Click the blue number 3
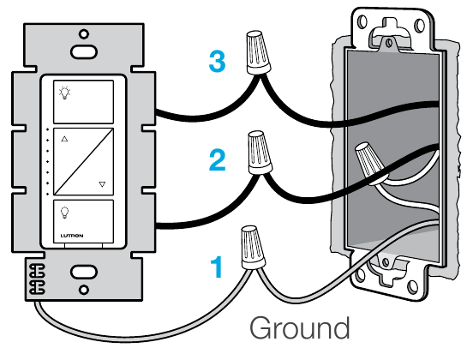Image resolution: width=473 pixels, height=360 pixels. click(217, 61)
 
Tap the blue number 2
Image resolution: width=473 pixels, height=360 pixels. click(217, 160)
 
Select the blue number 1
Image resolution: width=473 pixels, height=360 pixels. click(217, 267)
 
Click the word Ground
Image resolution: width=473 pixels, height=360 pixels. click(300, 328)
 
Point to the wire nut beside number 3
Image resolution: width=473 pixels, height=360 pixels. click(258, 52)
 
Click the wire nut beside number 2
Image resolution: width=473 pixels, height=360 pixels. click(259, 153)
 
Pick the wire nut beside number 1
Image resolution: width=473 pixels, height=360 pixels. click(252, 248)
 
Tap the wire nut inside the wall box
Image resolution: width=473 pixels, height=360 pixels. click(368, 163)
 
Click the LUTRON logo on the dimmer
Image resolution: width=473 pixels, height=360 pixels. click(72, 236)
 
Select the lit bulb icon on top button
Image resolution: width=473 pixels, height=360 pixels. click(64, 93)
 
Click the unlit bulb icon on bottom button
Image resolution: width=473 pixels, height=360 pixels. click(64, 213)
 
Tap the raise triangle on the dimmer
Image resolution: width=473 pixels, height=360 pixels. click(64, 139)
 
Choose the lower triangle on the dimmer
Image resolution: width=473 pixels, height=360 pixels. click(102, 184)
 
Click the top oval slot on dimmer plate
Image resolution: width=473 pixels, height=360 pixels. click(84, 51)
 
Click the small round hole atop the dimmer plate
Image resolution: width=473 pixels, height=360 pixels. click(84, 33)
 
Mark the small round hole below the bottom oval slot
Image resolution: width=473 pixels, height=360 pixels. click(84, 290)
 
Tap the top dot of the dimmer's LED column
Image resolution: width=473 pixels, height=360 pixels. click(47, 129)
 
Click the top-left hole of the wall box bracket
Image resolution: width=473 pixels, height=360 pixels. click(362, 22)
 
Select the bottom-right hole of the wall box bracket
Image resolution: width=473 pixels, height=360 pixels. click(412, 286)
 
